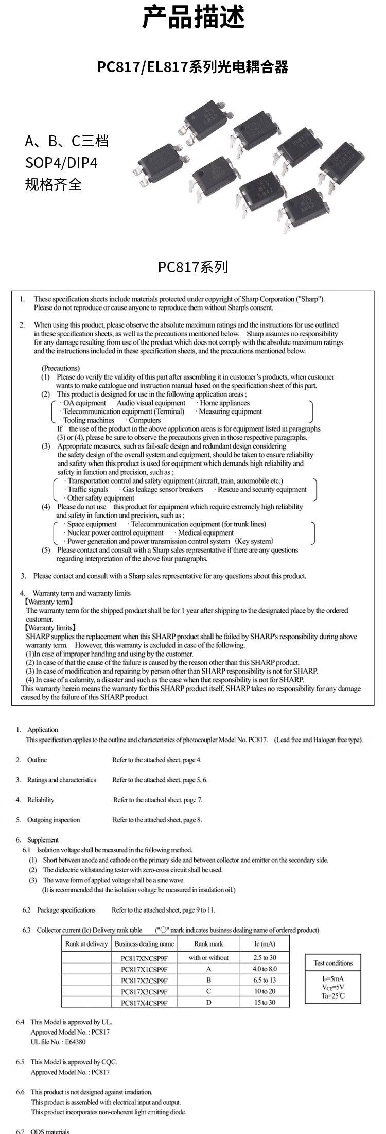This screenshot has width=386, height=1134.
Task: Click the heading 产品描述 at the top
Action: [193, 18]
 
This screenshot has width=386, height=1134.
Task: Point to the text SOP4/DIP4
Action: [61, 163]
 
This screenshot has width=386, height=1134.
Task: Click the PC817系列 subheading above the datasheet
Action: [192, 267]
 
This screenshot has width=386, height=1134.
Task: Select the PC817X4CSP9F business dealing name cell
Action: [144, 1003]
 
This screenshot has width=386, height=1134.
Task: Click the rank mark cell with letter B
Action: [208, 980]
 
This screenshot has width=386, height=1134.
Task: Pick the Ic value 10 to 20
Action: [265, 991]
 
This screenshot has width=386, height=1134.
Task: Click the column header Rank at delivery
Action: [86, 944]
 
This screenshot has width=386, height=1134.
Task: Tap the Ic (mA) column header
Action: [265, 944]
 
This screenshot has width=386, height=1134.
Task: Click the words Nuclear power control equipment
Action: [115, 533]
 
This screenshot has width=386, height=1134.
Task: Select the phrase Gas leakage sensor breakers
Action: [163, 490]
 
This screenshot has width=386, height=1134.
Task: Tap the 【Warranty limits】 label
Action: [50, 628]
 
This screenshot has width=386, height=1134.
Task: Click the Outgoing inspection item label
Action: [54, 820]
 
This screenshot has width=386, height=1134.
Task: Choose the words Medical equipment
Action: [206, 533]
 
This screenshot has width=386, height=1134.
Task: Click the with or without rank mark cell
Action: [208, 958]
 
